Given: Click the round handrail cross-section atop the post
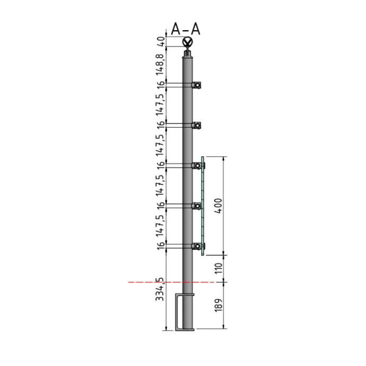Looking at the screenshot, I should pyautogui.click(x=188, y=43).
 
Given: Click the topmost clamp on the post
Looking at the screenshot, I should pyautogui.click(x=197, y=85).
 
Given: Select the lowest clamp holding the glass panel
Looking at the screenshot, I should pyautogui.click(x=197, y=246).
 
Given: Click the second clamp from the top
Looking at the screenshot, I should pyautogui.click(x=197, y=126).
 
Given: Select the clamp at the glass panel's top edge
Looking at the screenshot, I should pyautogui.click(x=197, y=166).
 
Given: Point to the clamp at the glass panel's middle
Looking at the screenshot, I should pyautogui.click(x=197, y=206).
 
